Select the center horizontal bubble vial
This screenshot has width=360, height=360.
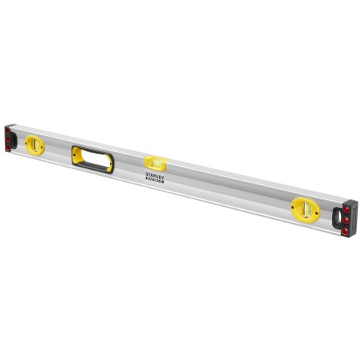click(155, 162)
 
